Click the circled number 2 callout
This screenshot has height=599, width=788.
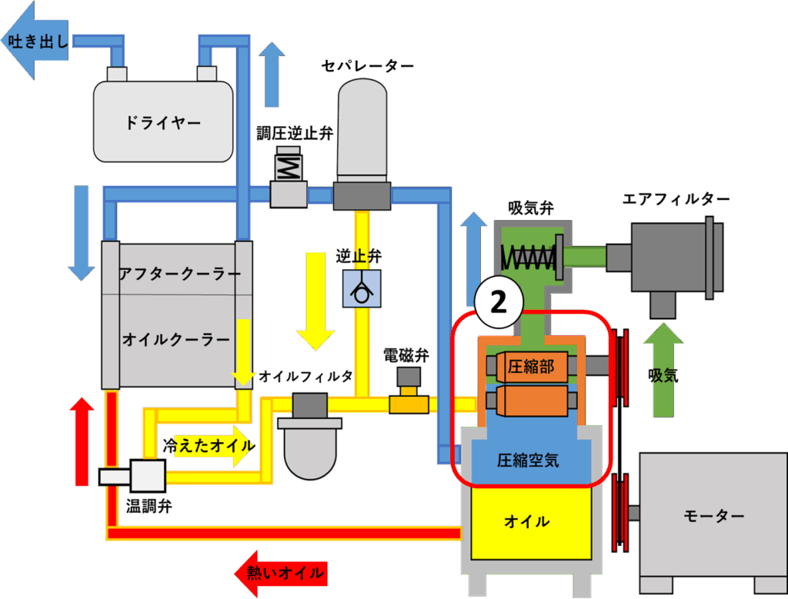pyautogui.click(x=498, y=302)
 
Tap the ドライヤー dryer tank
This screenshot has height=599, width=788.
pyautogui.click(x=162, y=121)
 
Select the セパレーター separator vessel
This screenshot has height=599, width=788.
pyautogui.click(x=362, y=131)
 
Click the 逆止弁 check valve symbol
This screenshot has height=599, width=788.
pyautogui.click(x=361, y=290)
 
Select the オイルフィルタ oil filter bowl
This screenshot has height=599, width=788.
pyautogui.click(x=311, y=447)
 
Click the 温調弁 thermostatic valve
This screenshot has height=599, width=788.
pyautogui.click(x=142, y=477)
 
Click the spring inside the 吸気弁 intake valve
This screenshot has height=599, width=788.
pyautogui.click(x=528, y=257)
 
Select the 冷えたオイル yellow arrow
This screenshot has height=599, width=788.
pyautogui.click(x=208, y=445)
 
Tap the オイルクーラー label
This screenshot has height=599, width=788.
pyautogui.click(x=176, y=339)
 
